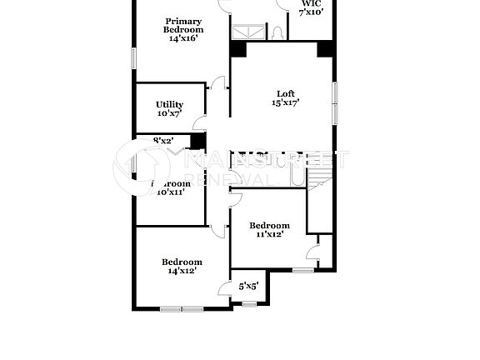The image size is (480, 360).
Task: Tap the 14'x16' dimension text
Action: (182, 38)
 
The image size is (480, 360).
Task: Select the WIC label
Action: (311, 2)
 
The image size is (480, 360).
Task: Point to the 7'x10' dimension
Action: (311, 12)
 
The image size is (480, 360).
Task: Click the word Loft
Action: (286, 93)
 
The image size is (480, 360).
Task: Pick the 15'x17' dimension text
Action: (285, 103)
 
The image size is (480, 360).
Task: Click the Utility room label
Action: (169, 104)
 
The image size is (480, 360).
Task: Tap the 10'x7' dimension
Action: (169, 113)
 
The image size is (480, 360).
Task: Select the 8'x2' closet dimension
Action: (162, 141)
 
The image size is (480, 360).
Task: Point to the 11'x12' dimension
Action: (269, 235)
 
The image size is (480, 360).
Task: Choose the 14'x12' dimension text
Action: (182, 270)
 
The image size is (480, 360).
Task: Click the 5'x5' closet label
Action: (248, 287)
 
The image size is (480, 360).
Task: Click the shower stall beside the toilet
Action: (245, 32)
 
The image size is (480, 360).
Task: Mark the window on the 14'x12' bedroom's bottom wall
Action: (182, 309)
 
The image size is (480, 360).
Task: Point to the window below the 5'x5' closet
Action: (249, 304)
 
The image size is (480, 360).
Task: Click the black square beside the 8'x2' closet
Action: (197, 141)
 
